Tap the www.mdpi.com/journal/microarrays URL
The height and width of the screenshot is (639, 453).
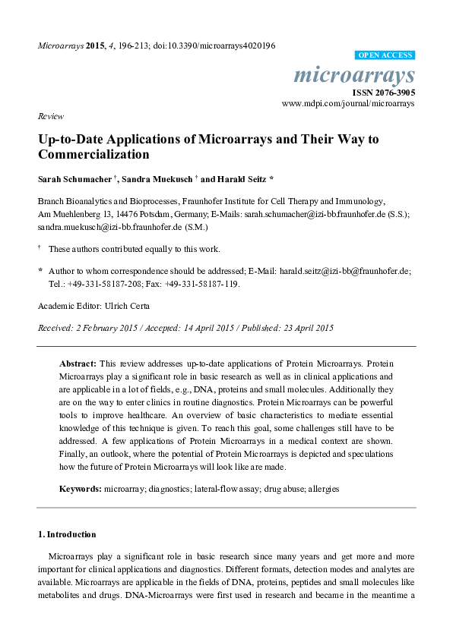pyautogui.click(x=348, y=102)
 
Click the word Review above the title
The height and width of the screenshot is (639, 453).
pyautogui.click(x=50, y=117)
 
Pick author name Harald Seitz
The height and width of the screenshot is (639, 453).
pyautogui.click(x=242, y=180)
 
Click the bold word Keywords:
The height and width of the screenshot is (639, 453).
pyautogui.click(x=81, y=489)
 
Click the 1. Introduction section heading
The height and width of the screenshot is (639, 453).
pyautogui.click(x=67, y=534)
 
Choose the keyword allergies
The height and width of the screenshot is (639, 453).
pyautogui.click(x=322, y=489)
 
